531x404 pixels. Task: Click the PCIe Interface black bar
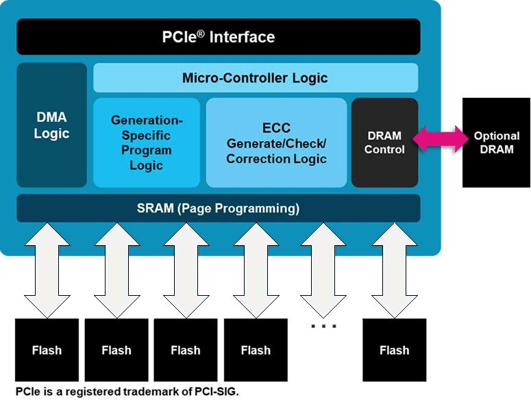(218, 37)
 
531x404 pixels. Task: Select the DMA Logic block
(52, 125)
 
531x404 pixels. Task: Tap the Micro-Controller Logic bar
(255, 78)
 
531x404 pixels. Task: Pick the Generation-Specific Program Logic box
(147, 142)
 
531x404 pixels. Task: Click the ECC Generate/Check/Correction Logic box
(276, 142)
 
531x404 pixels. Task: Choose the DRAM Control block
(384, 142)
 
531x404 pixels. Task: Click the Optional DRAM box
(497, 142)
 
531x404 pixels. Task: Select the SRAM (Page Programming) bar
(218, 208)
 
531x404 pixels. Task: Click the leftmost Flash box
(47, 350)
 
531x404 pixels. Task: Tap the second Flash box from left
(116, 350)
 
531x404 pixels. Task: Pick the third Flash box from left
(186, 350)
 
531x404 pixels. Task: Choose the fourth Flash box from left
(256, 350)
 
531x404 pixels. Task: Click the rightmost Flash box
(394, 350)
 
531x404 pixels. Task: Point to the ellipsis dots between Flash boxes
(324, 327)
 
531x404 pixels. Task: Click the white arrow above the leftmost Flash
(47, 270)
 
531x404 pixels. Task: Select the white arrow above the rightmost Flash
(394, 270)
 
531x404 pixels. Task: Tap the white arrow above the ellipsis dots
(324, 270)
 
